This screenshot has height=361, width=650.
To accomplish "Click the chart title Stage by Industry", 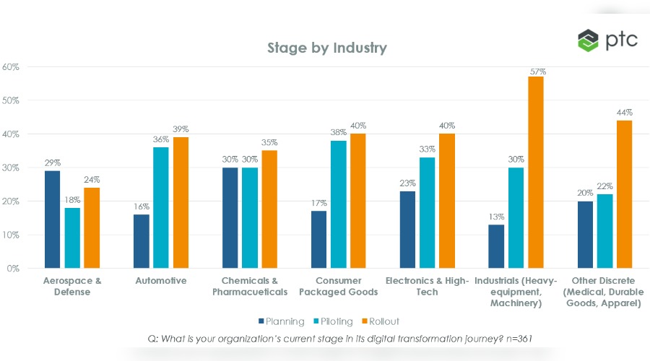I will (x=326, y=48).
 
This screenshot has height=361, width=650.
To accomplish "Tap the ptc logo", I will (x=607, y=40).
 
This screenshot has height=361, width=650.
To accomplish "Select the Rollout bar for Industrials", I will (x=535, y=172).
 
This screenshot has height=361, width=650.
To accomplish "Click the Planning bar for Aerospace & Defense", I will (x=51, y=219).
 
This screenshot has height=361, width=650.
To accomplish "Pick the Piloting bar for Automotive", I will (x=160, y=207).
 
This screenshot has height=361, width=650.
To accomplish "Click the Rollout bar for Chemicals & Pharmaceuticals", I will (x=269, y=209).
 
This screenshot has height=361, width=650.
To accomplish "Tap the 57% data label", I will (x=537, y=71).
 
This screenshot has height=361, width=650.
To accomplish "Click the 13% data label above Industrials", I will (x=496, y=216).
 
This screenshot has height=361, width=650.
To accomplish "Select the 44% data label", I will (x=624, y=113).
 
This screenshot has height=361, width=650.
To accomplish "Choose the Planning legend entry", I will (x=281, y=321).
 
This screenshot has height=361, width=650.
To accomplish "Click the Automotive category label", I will (x=160, y=281).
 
